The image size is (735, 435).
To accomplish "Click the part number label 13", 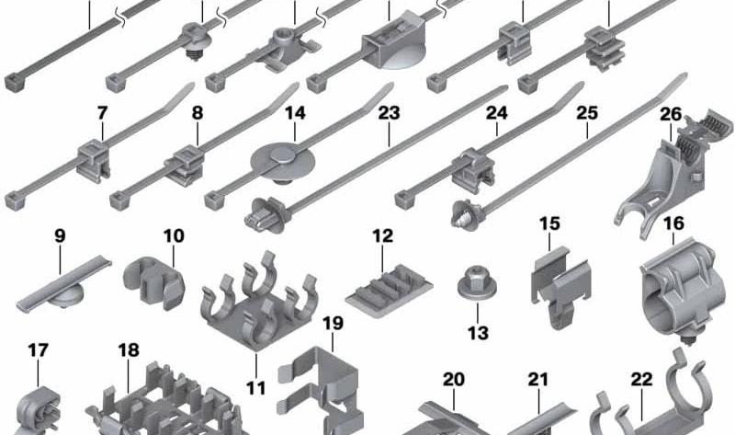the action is [478, 333].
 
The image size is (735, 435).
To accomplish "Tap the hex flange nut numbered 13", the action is [477, 284].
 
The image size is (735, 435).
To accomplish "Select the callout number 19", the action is [333, 323].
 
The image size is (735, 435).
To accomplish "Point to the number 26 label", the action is [671, 114].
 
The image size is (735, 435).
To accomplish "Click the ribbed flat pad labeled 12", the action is [389, 291].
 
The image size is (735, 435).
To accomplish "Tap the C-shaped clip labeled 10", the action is [154, 283].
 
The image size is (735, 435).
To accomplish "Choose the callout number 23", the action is [389, 113].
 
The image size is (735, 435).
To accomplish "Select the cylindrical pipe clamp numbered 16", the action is [677, 294].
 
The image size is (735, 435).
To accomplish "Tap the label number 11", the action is [256, 388].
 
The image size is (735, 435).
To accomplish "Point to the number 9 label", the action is [60, 235].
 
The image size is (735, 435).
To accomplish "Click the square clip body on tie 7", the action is [94, 159].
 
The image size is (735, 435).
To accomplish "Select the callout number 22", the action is [641, 379].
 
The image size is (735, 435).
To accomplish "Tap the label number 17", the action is [38, 350].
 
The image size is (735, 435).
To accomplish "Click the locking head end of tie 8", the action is [119, 200].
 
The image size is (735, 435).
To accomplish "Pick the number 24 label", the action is [497, 113].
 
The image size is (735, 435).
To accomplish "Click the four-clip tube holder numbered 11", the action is [259, 301].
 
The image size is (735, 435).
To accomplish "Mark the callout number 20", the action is [454, 379].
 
